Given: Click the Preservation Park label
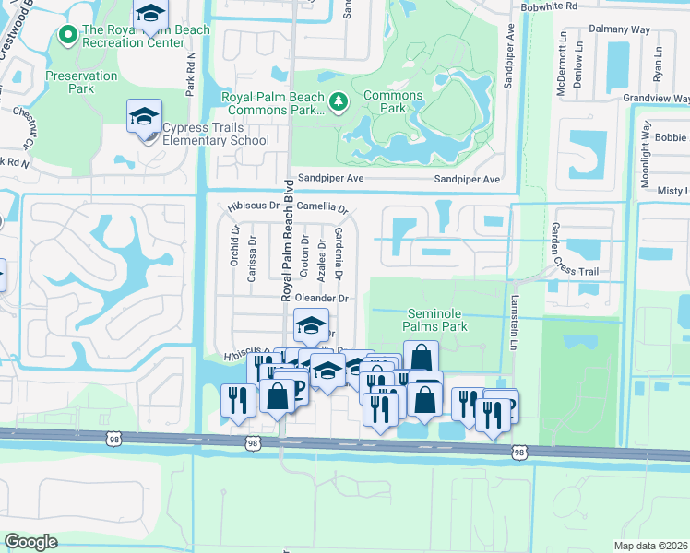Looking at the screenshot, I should tap(81, 82).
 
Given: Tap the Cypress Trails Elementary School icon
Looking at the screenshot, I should tap(144, 116).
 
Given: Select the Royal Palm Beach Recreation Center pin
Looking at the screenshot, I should tap(66, 36).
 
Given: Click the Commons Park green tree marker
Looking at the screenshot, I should tap(339, 100).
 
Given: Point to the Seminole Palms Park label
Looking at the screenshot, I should tap(437, 320).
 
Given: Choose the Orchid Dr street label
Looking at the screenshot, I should tap(235, 245).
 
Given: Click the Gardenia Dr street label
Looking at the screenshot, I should tap(339, 253).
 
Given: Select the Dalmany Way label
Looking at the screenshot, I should tap(645, 29).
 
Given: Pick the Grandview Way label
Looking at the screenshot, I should tap(656, 97).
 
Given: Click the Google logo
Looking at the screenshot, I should tap(30, 542).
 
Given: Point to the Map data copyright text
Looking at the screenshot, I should tap(651, 546).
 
